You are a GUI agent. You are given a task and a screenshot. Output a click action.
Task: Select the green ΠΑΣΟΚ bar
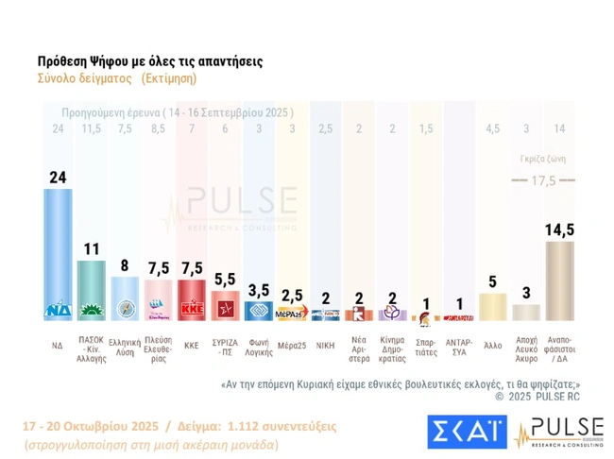coord(91,289)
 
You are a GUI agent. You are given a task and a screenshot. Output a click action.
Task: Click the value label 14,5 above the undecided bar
coord(560,228)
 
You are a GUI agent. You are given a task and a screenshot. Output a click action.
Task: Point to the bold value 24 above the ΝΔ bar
coord(58,176)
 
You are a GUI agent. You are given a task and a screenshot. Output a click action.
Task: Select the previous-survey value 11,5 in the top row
coord(91,128)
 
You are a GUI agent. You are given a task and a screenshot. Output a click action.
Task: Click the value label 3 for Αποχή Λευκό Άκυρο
coord(526,293)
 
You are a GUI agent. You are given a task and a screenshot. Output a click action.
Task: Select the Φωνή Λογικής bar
coord(259,310)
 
